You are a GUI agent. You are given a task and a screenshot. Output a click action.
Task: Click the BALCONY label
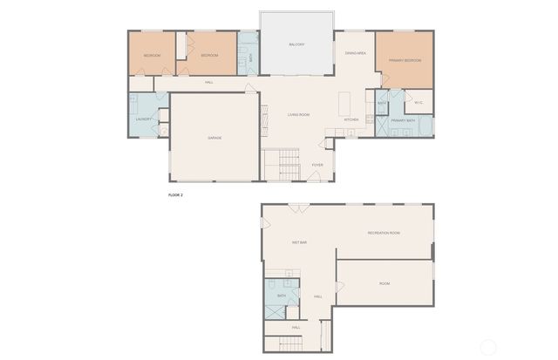coord(296,44)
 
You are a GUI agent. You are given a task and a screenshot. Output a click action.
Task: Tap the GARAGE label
coord(214,138)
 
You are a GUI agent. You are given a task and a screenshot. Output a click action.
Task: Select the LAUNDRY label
coord(144,119)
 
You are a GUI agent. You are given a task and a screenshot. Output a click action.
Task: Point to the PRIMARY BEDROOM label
coord(405,60)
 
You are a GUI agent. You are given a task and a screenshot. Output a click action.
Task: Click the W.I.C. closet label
coord(418,102)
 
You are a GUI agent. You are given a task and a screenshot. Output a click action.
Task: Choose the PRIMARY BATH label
coord(404,119)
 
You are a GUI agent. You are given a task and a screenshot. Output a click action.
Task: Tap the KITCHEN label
coord(351,119)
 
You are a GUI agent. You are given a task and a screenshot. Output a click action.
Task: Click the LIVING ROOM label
coord(299,115)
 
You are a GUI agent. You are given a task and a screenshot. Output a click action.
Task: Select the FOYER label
coord(317,165)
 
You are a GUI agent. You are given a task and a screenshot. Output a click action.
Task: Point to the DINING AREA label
coord(355,53)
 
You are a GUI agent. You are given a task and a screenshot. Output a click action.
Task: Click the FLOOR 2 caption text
coord(175,195)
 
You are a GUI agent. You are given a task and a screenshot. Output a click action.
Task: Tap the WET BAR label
coord(298,242)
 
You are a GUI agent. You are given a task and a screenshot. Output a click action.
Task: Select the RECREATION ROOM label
coord(384,233)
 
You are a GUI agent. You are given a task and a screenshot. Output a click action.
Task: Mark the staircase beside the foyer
coord(281,166)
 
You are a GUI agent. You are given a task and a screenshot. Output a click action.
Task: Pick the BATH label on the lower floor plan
coord(282,296)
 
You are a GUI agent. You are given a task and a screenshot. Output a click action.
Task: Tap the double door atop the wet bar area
coord(298,207)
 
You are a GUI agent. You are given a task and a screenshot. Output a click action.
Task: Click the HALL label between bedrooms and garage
coord(209,83)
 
